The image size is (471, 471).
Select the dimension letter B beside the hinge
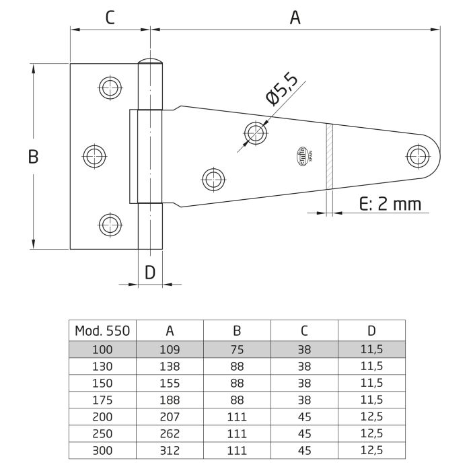tap(32, 157)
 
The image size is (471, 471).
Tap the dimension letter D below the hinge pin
tap(150, 272)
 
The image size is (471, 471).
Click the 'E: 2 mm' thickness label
tap(390, 204)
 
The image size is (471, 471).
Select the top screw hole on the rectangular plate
tap(110, 86)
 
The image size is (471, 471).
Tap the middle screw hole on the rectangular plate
tap(94, 156)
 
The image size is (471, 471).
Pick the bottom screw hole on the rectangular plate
tap(110, 224)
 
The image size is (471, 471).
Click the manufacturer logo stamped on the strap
tap(301, 156)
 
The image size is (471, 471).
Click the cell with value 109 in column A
tap(170, 349)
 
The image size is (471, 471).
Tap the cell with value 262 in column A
tap(170, 433)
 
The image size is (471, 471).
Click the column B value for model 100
tap(237, 349)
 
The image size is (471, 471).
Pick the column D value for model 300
tap(371, 449)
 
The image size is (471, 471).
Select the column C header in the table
tap(304, 330)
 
